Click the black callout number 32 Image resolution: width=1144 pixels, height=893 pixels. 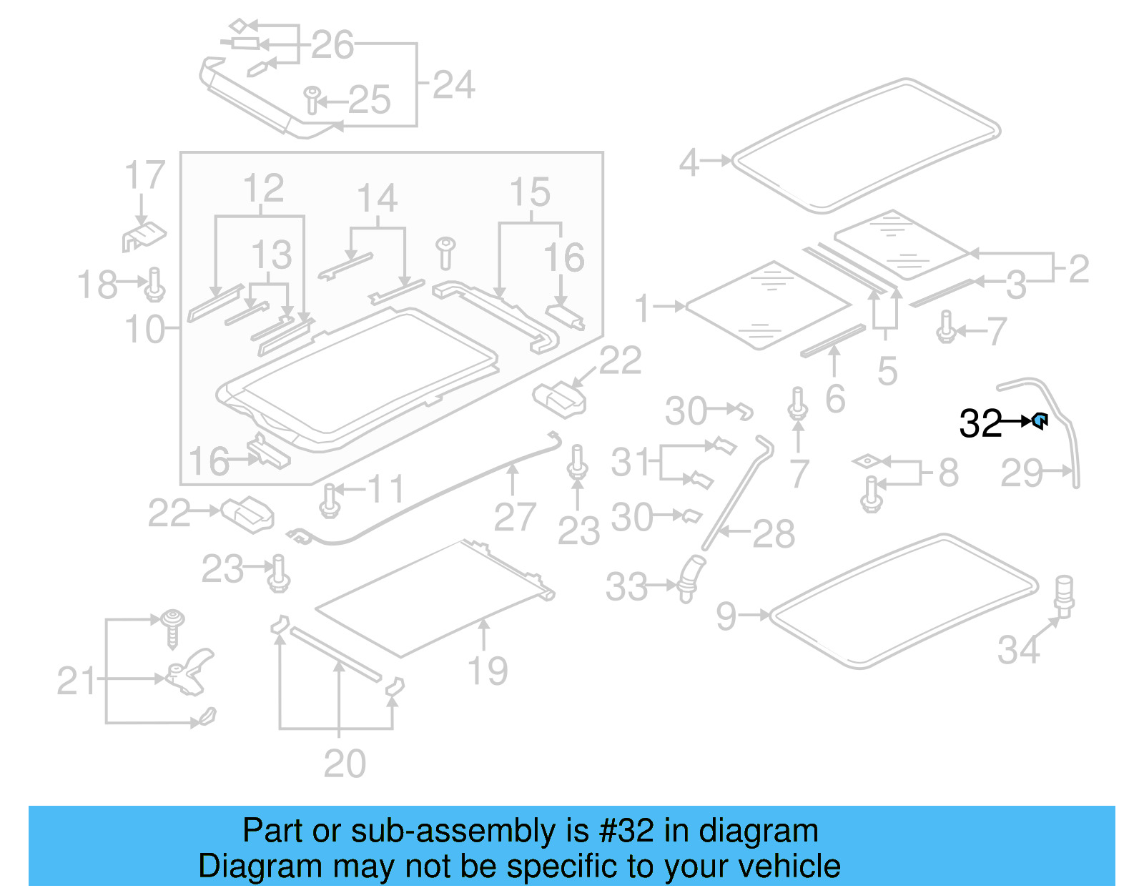coord(980,423)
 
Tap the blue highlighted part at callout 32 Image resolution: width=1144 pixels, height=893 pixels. coord(1041,421)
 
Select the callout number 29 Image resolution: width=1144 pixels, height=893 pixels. coord(1021,473)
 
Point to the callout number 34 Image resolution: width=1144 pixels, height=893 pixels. coord(1019,649)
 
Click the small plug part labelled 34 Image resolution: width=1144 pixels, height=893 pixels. coord(1065,595)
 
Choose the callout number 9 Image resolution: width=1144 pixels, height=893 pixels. coord(726,616)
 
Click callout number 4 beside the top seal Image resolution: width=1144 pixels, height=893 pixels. coord(689,162)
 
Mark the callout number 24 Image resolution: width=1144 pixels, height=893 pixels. coord(453,85)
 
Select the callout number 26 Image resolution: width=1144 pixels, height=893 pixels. coord(332,45)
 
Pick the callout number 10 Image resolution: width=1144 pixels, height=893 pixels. coord(144,330)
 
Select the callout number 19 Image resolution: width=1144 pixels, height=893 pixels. coord(488,671)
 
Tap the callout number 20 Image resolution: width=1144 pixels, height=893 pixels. coord(345,764)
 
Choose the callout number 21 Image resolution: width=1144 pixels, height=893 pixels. coord(76,681)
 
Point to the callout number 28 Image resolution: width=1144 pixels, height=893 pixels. coord(774,533)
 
